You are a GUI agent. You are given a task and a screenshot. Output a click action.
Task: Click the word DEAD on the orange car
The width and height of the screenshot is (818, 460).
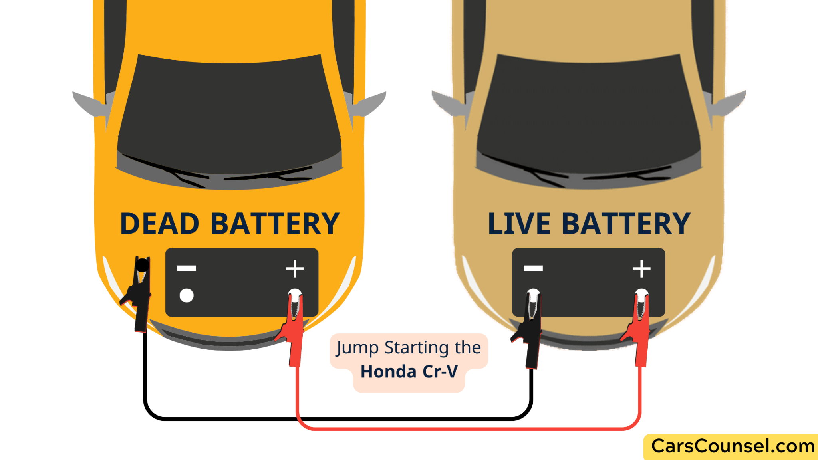point(159,224)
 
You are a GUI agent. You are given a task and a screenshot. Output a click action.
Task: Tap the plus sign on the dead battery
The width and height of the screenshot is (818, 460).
point(295,268)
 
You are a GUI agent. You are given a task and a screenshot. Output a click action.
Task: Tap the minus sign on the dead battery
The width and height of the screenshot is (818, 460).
point(187,268)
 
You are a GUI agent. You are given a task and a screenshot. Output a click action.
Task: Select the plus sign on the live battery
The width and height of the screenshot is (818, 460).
point(641,268)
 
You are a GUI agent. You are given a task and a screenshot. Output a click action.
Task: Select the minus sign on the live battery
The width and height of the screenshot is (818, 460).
point(533,268)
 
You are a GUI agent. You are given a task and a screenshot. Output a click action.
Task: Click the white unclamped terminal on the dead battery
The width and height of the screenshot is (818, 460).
point(187,295)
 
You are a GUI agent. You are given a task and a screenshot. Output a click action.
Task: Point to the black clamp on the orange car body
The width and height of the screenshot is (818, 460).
point(140,295)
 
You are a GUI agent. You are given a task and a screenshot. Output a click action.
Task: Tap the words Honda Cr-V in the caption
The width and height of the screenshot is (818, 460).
point(409,372)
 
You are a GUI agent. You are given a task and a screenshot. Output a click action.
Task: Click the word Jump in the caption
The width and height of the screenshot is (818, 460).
point(357,348)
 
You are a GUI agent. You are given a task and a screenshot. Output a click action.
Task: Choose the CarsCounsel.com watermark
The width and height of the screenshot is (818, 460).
point(733,446)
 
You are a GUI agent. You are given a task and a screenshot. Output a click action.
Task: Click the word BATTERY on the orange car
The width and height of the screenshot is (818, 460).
point(275,224)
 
